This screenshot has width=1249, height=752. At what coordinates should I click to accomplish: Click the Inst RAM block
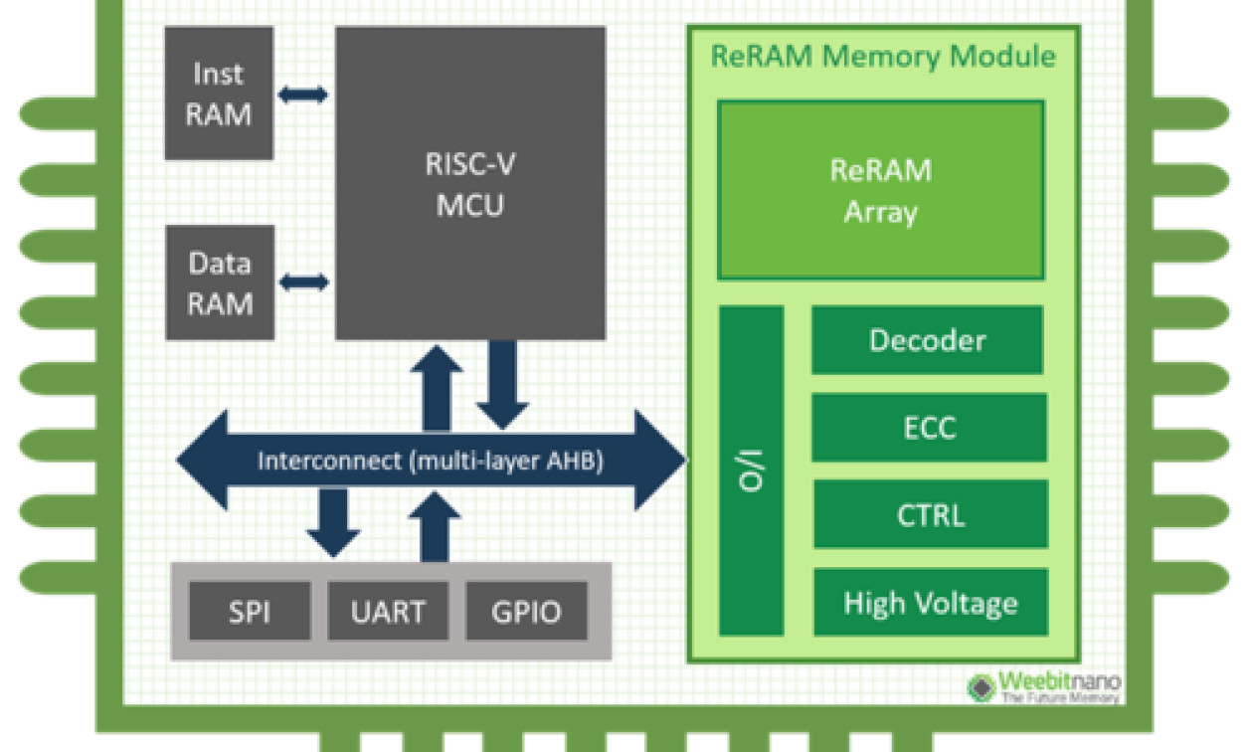pos(219,94)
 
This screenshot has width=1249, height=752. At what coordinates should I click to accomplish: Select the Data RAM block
pos(220,282)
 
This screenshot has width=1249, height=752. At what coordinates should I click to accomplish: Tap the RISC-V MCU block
pos(470,184)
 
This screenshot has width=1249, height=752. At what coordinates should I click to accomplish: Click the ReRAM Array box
pos(880,190)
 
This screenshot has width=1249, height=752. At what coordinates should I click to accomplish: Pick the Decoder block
pos(927,340)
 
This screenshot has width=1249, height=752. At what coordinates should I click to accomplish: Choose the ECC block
pos(929,428)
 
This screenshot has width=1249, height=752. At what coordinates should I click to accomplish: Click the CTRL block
pos(929,514)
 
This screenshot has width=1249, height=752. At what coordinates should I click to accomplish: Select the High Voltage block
pos(930,602)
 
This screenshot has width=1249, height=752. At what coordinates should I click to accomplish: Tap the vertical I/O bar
pos(752,471)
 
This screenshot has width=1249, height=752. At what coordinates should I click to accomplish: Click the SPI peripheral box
pos(250,612)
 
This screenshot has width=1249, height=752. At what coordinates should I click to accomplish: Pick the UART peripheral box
pos(388,612)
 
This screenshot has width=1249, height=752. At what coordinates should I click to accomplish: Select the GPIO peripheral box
pos(526,612)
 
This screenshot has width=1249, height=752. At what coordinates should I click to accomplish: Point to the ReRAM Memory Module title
pos(882,56)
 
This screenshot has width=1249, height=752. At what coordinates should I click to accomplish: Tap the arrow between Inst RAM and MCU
pos(302,94)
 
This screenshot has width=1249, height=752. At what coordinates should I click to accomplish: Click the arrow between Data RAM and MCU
pos(303,282)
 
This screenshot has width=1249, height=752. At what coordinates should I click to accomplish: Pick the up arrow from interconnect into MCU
pos(437,388)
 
